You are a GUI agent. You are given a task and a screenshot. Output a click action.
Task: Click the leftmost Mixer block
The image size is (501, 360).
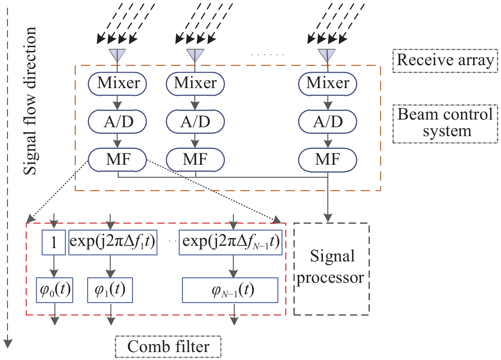pos(117,83)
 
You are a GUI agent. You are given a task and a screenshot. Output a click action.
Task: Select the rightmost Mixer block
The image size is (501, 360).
pos(327,83)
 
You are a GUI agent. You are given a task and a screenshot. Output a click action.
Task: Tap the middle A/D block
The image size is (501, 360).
pos(195,121)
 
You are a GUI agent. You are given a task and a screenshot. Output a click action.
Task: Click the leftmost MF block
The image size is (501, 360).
pos(117,159)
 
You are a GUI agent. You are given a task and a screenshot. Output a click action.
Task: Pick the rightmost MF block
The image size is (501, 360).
pos(327,159)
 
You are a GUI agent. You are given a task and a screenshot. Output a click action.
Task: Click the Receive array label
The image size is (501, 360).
pos(445,60)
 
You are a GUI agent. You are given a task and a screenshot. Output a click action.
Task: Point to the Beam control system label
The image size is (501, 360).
pos(445,123)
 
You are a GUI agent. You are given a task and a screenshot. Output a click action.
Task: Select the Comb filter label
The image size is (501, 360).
pos(168,347)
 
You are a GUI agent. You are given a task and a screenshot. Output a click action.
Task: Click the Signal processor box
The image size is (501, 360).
pos(331,269)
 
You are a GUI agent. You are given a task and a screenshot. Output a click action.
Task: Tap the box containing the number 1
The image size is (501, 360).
pos(54,242)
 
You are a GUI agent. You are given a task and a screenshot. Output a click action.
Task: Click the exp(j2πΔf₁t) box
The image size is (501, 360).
pos(113,242)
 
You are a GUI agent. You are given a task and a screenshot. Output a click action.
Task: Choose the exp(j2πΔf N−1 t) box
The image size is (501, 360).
pos(230,242)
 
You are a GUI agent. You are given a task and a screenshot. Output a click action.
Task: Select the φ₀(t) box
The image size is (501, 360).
pos(55,290)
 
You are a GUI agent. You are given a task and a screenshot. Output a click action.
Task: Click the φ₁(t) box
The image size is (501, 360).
pos(110,290)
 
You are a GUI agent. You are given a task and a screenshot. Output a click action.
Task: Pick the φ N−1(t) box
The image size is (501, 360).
pos(230,290)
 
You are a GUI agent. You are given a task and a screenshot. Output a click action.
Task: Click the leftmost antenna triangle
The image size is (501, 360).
pos(117,55)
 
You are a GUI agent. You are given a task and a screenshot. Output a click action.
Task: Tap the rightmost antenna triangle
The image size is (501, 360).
pos(327,55)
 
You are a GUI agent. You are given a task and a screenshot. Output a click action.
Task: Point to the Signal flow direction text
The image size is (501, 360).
pos(30,100)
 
